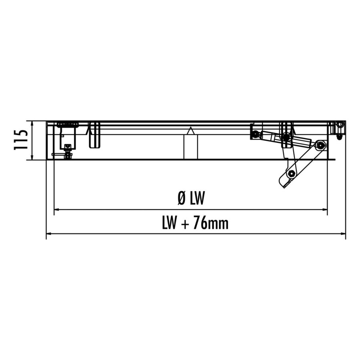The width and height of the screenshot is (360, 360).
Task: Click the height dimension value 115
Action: (x=21, y=140)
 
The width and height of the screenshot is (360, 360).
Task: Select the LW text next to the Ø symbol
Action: (x=198, y=198)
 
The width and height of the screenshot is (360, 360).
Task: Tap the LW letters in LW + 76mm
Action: (x=170, y=223)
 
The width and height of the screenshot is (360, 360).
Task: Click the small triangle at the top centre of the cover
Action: (x=191, y=131)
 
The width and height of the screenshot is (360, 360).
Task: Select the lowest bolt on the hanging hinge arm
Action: (x=291, y=174)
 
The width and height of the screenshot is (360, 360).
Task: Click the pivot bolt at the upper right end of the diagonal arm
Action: (x=320, y=145)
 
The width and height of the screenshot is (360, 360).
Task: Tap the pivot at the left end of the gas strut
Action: (x=255, y=134)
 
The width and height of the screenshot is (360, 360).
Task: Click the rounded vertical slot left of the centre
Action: (x=94, y=135)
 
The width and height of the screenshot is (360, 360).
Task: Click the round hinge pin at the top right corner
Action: (x=340, y=125)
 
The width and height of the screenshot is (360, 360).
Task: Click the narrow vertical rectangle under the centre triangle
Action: (x=191, y=147)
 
